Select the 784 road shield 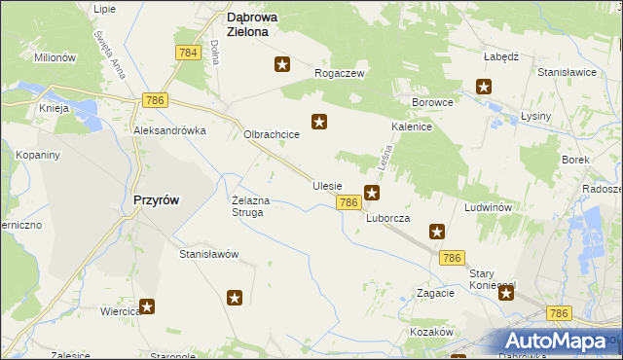click(x=189, y=51)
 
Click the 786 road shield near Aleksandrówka click(x=155, y=100)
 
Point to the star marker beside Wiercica click(x=147, y=306)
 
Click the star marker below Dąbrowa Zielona click(x=282, y=64)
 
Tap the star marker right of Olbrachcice click(x=318, y=122)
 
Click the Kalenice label click(x=412, y=126)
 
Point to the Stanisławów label click(x=208, y=254)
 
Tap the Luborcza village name click(x=387, y=219)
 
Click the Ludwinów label click(x=488, y=208)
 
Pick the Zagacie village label click(x=435, y=292)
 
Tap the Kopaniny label click(x=39, y=155)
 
